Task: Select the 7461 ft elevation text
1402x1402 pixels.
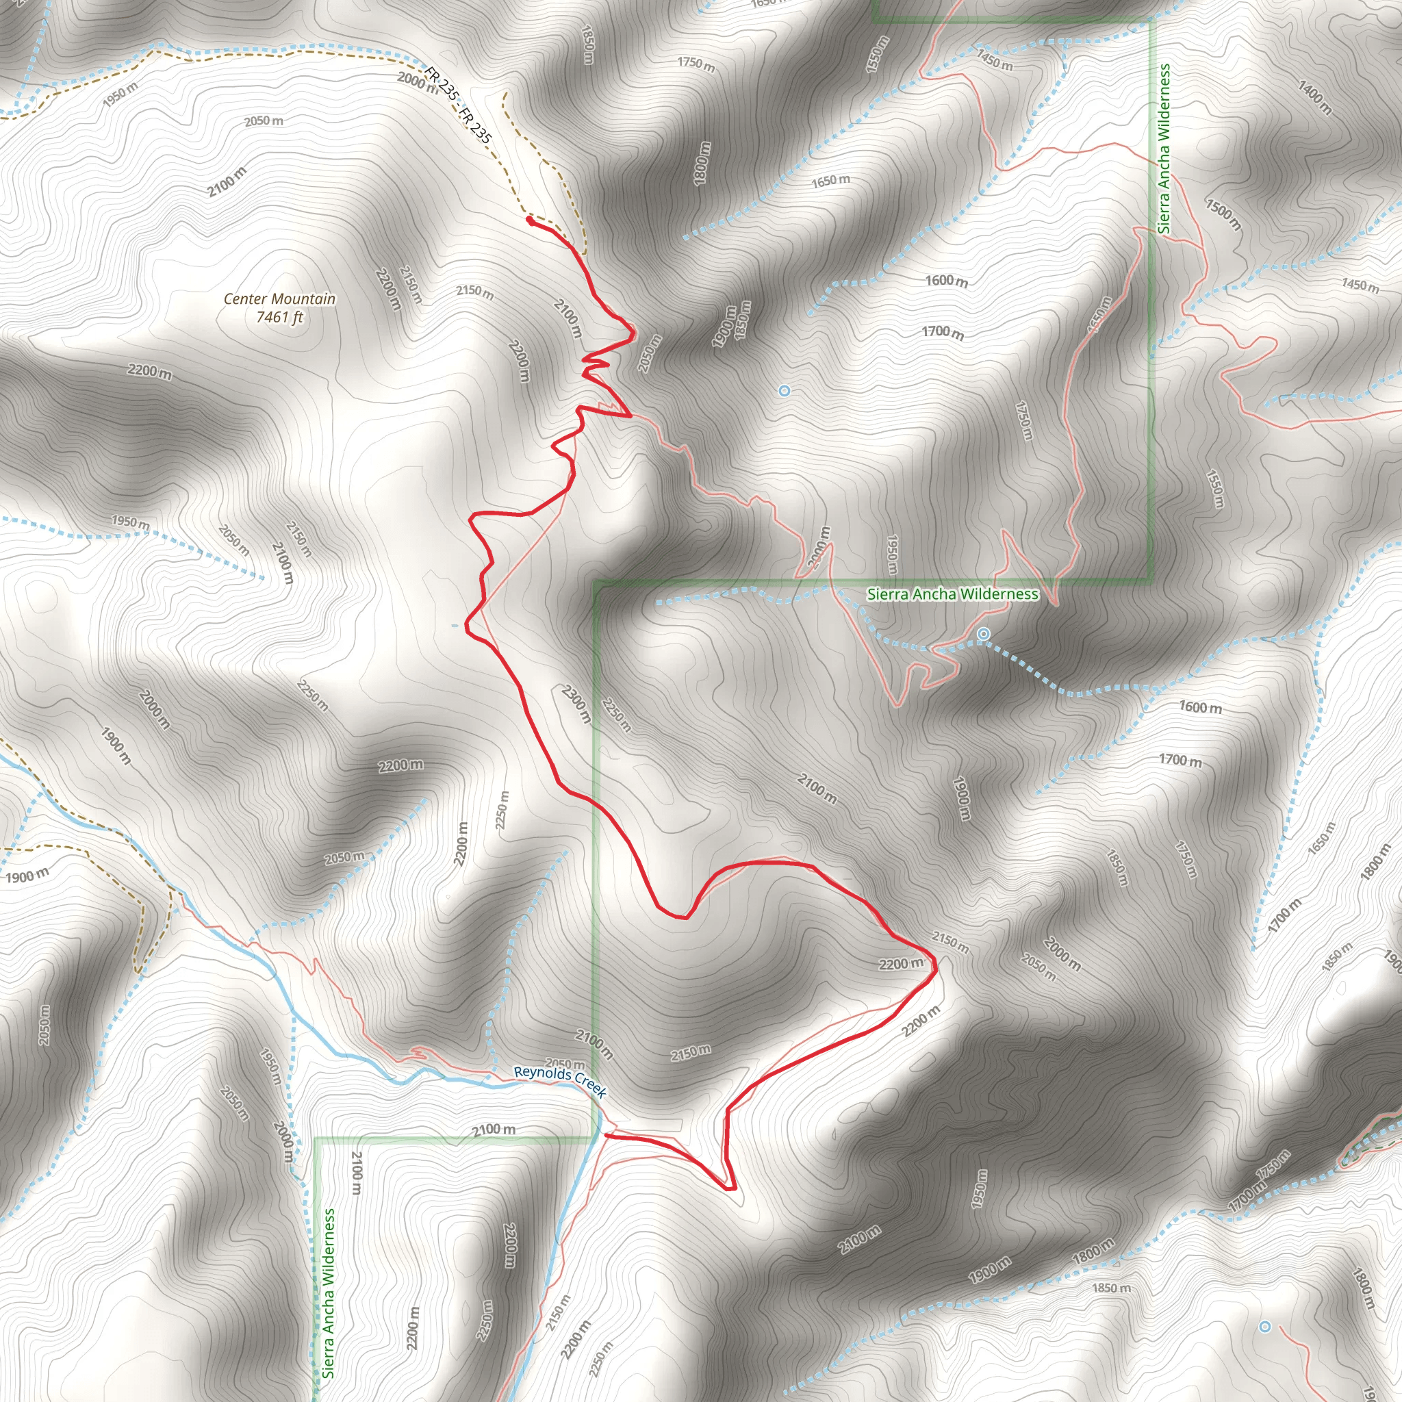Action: pyautogui.click(x=279, y=317)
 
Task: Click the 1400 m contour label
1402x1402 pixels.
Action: pyautogui.click(x=1315, y=99)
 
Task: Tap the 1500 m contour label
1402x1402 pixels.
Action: pyautogui.click(x=1223, y=214)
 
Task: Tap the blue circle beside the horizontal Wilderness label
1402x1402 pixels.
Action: pyautogui.click(x=982, y=634)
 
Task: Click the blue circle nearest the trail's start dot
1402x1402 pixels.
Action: pyautogui.click(x=784, y=391)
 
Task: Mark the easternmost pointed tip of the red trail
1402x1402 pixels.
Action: pyautogui.click(x=935, y=965)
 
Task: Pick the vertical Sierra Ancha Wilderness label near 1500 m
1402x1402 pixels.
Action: pyautogui.click(x=1164, y=149)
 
